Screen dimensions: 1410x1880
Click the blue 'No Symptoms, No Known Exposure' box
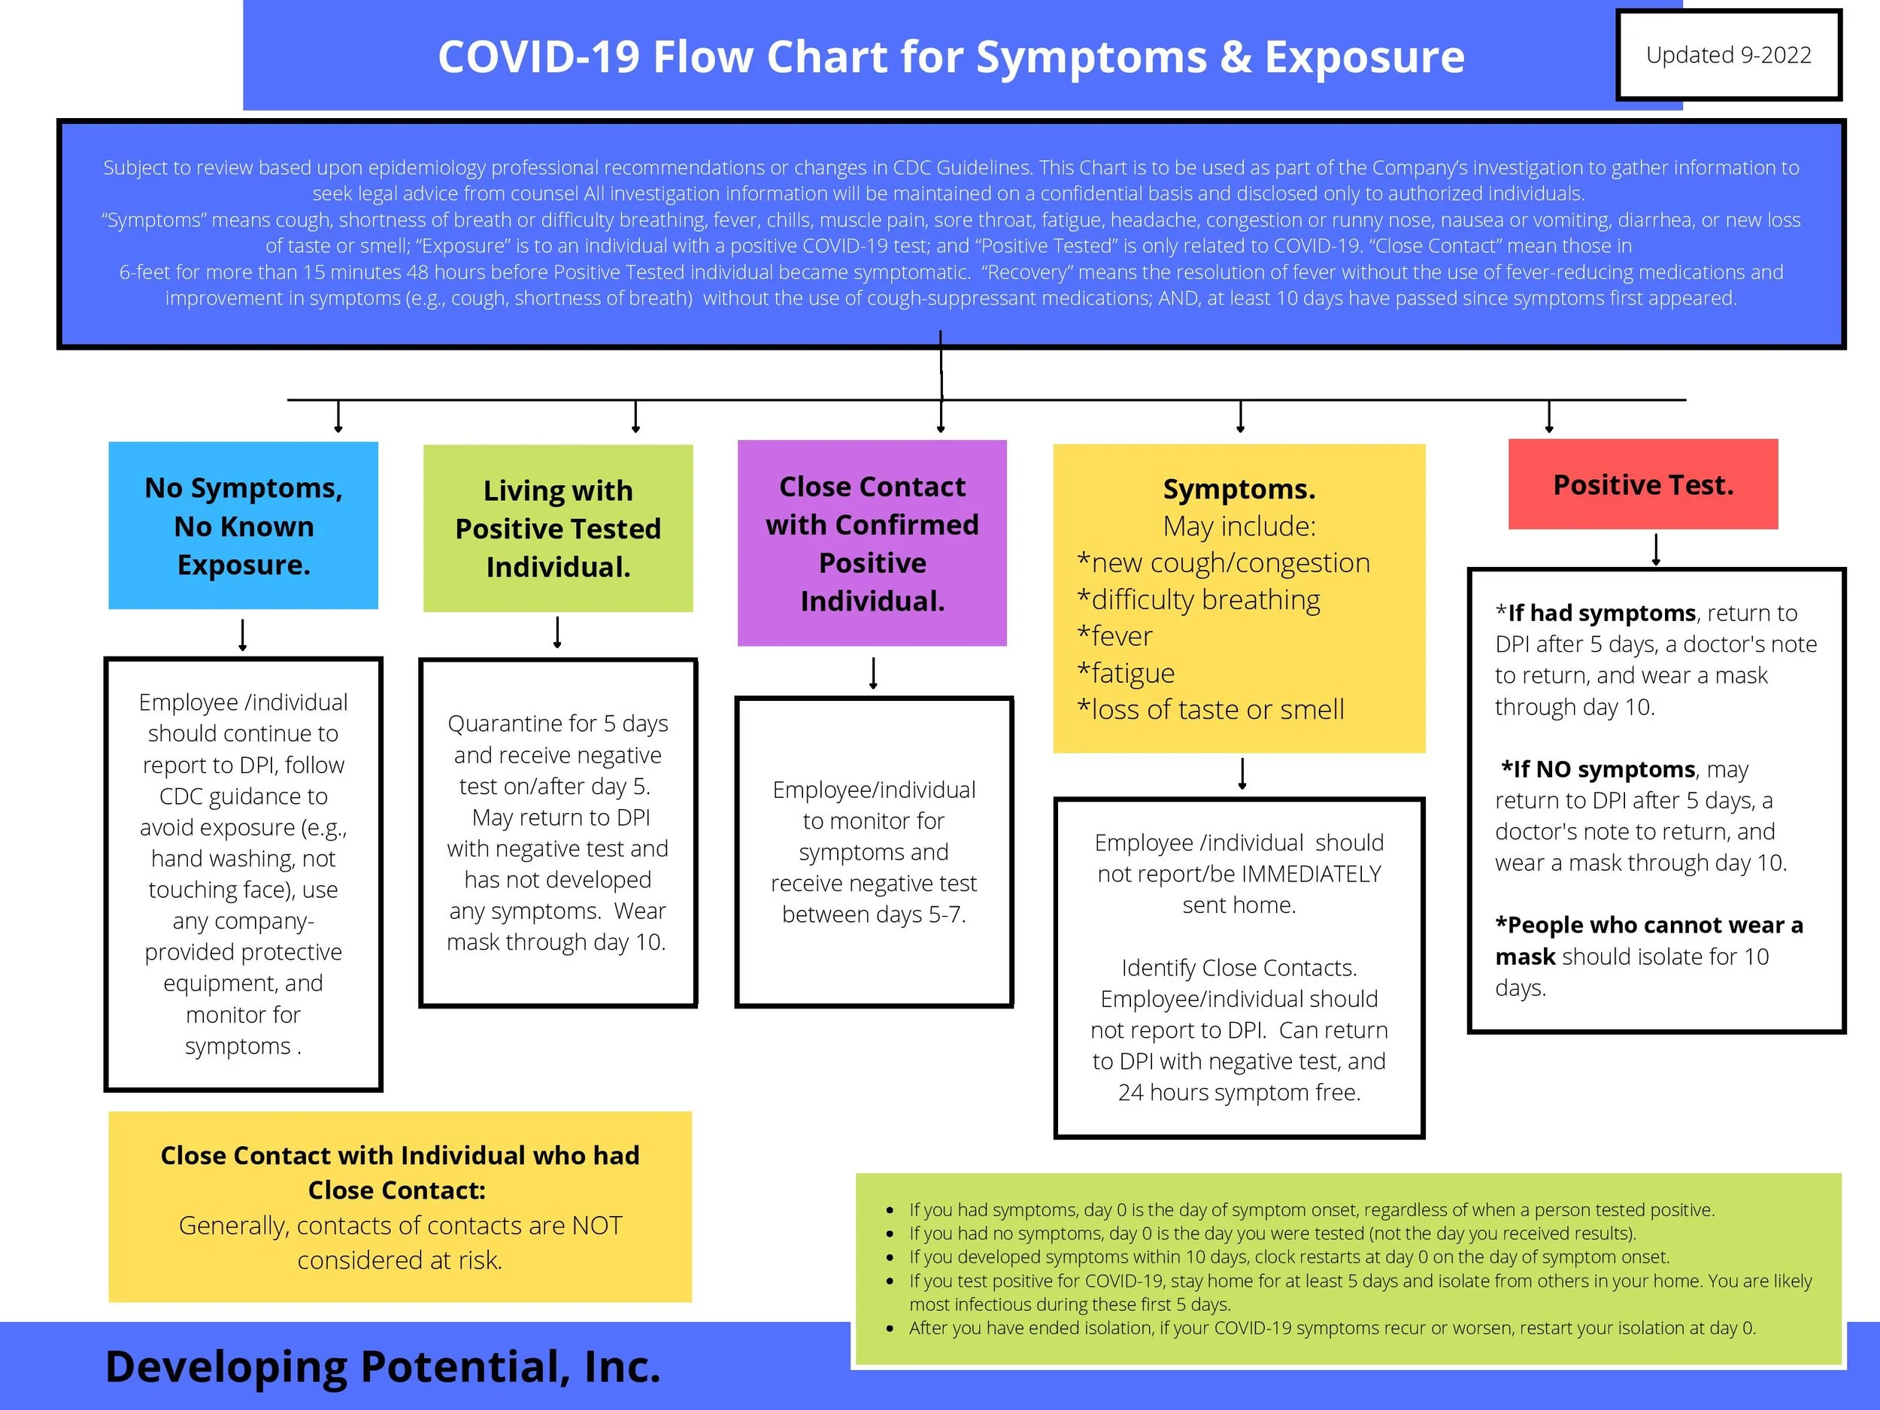243,525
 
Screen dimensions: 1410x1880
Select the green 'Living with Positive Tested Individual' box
557,528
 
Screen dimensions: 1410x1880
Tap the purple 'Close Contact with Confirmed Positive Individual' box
872,543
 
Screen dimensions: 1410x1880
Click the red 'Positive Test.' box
1642,484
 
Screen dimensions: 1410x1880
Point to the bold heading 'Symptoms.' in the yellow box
1239,490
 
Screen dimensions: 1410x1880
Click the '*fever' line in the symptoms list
1114,635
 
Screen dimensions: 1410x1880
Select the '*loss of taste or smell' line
1210,710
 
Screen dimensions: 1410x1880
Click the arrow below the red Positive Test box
1656,550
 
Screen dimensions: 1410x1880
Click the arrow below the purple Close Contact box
873,673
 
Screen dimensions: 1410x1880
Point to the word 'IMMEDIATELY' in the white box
1311,874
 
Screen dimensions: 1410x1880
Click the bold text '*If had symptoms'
1595,613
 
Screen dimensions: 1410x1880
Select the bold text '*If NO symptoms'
1598,769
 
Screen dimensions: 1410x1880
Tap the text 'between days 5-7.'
874,914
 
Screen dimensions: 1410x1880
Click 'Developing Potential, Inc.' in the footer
383,1366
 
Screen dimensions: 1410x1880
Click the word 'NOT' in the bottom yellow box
596,1226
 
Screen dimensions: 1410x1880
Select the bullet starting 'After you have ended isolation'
1331,1327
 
